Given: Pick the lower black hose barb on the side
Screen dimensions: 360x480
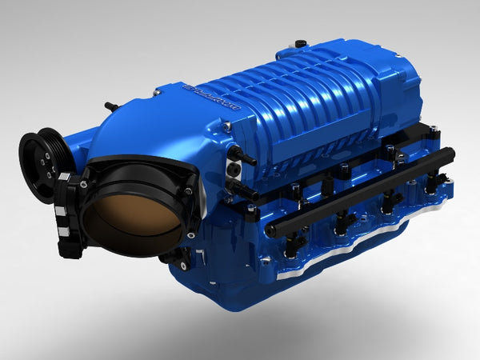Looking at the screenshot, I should (239, 188).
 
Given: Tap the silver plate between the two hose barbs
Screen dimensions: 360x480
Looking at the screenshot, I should (233, 169).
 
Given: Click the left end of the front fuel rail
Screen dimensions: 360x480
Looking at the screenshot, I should (272, 232).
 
